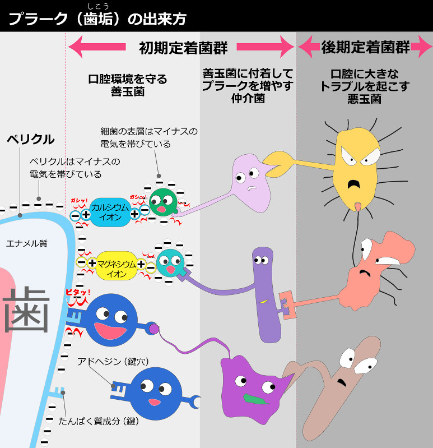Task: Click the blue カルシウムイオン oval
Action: pyautogui.click(x=110, y=213)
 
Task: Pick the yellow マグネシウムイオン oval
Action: pyautogui.click(x=117, y=265)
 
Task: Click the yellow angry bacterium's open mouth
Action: pyautogui.click(x=353, y=186)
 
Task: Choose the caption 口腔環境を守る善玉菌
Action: pyautogui.click(x=128, y=85)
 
